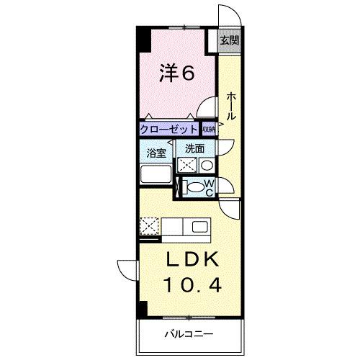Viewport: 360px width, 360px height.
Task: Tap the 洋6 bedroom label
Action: (x=176, y=73)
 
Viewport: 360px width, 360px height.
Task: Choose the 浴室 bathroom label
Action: (x=157, y=153)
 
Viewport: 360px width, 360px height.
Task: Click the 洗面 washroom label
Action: (x=195, y=148)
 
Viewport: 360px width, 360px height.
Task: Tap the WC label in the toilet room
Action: (x=210, y=188)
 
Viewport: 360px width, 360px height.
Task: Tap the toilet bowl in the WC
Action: (x=195, y=188)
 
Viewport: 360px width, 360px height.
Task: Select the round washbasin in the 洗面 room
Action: (x=206, y=165)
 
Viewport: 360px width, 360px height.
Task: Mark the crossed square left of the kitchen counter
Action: (x=150, y=228)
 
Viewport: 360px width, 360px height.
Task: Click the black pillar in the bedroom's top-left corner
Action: (x=142, y=39)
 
